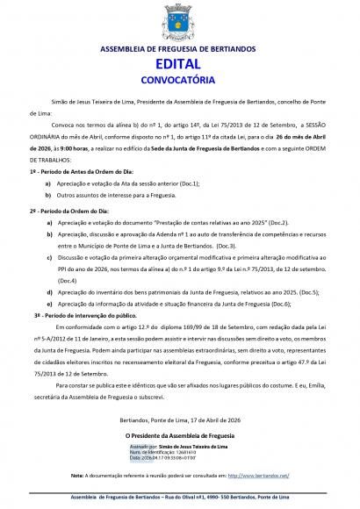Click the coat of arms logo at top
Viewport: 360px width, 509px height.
pos(179,21)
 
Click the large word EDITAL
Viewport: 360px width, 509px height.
pos(179,65)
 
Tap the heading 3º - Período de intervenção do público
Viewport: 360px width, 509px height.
pos(84,312)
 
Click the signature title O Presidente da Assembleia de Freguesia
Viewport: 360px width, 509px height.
pos(179,410)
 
